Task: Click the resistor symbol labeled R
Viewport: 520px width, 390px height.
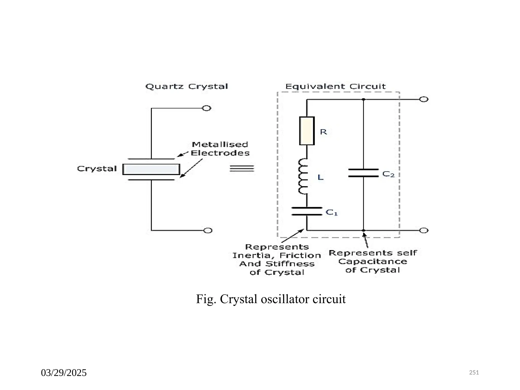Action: (307, 131)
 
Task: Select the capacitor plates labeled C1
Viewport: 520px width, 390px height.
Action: (307, 211)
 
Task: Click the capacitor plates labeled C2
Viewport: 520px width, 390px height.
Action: (363, 173)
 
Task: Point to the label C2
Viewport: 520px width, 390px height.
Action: (388, 174)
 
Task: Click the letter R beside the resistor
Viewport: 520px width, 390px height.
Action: (323, 132)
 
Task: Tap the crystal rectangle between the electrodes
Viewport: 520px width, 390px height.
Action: (151, 169)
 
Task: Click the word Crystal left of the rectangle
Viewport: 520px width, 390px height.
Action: (97, 169)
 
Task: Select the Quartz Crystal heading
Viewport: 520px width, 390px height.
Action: (187, 87)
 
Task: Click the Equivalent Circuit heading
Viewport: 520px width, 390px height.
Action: (335, 87)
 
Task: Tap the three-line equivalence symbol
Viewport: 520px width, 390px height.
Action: (242, 168)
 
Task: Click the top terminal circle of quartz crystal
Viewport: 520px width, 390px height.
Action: (206, 108)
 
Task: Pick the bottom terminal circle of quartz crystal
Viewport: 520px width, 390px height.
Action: (208, 231)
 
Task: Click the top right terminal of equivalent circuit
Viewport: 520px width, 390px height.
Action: (424, 99)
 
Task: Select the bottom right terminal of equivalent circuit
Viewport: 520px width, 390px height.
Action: (424, 231)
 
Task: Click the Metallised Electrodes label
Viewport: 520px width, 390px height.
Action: (220, 149)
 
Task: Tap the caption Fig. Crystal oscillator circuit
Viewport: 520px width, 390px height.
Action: (271, 299)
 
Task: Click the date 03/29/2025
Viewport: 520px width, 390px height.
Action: (64, 373)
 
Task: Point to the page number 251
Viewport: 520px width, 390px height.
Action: (474, 372)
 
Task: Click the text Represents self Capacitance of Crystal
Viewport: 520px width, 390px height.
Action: (373, 262)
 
